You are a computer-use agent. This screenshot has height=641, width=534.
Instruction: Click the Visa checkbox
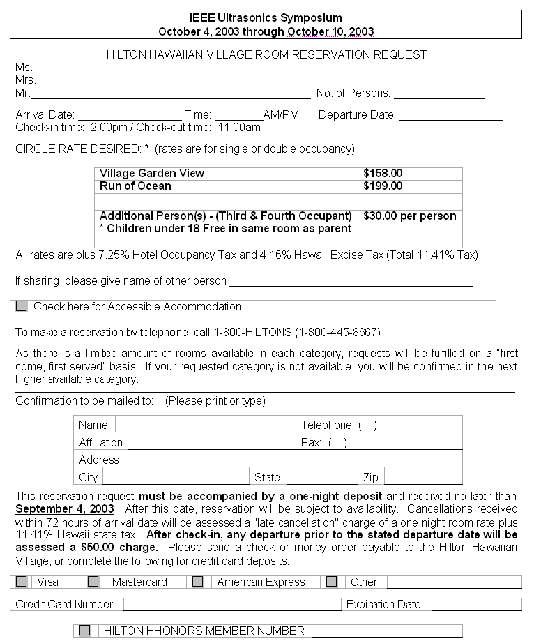tap(22, 582)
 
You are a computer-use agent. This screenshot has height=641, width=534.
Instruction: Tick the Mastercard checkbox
tap(93, 582)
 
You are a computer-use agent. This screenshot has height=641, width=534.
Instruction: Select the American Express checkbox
tap(198, 582)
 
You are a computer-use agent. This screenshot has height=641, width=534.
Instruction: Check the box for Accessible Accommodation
tap(21, 306)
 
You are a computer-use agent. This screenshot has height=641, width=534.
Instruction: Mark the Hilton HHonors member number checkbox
tap(84, 631)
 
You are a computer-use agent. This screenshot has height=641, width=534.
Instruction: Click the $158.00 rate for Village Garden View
tap(383, 174)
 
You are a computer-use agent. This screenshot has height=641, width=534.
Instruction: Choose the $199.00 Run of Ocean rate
tap(383, 186)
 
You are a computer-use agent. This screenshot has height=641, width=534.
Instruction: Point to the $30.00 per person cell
tap(409, 216)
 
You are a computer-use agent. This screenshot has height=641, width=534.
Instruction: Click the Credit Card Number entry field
tap(232, 605)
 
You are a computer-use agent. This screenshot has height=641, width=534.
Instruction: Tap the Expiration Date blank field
tap(475, 605)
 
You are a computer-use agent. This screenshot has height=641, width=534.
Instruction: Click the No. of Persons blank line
tap(439, 93)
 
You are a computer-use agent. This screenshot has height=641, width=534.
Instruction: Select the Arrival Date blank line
tap(129, 115)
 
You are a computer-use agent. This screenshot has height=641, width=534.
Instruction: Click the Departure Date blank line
tap(450, 115)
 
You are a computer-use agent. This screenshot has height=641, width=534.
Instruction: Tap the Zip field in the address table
tap(422, 478)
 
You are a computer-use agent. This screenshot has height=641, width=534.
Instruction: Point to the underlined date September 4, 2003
tap(65, 509)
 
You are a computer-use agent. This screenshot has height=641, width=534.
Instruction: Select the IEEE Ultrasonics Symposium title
tap(266, 17)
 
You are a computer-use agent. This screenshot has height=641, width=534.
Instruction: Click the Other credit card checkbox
tap(332, 582)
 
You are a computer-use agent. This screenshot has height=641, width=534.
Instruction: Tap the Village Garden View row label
tap(152, 174)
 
